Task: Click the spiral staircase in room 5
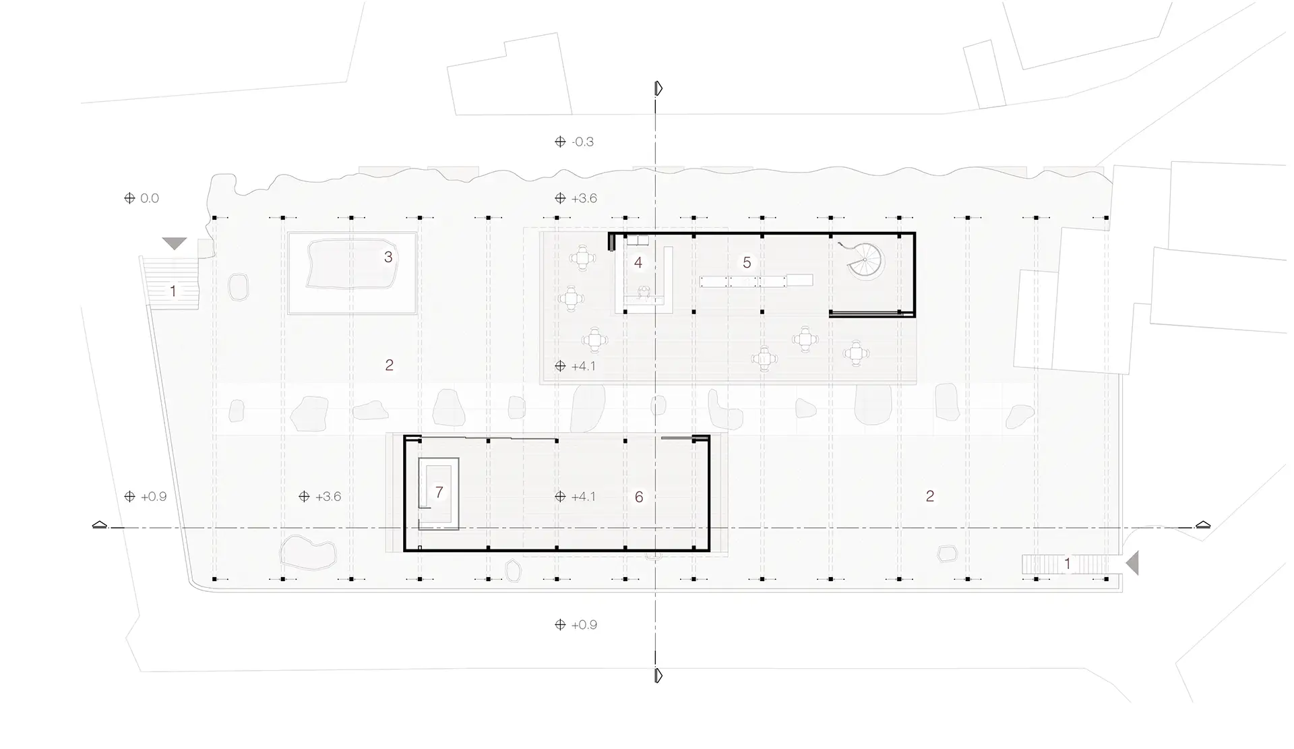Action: (x=865, y=262)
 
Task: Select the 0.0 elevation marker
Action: (x=142, y=198)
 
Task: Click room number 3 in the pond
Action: (x=388, y=257)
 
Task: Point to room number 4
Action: (x=638, y=262)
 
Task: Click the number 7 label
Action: (x=439, y=492)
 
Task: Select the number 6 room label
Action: (x=639, y=498)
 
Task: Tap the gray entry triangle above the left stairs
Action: (x=175, y=243)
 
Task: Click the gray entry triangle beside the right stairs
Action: (x=1132, y=562)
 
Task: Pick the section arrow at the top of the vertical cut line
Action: (x=658, y=88)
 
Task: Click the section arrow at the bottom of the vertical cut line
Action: (x=658, y=676)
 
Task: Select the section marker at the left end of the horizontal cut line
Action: (x=100, y=525)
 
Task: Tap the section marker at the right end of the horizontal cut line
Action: (x=1203, y=525)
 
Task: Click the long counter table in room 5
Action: (x=756, y=281)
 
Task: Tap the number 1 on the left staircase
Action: (x=173, y=291)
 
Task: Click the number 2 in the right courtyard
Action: (x=930, y=496)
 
